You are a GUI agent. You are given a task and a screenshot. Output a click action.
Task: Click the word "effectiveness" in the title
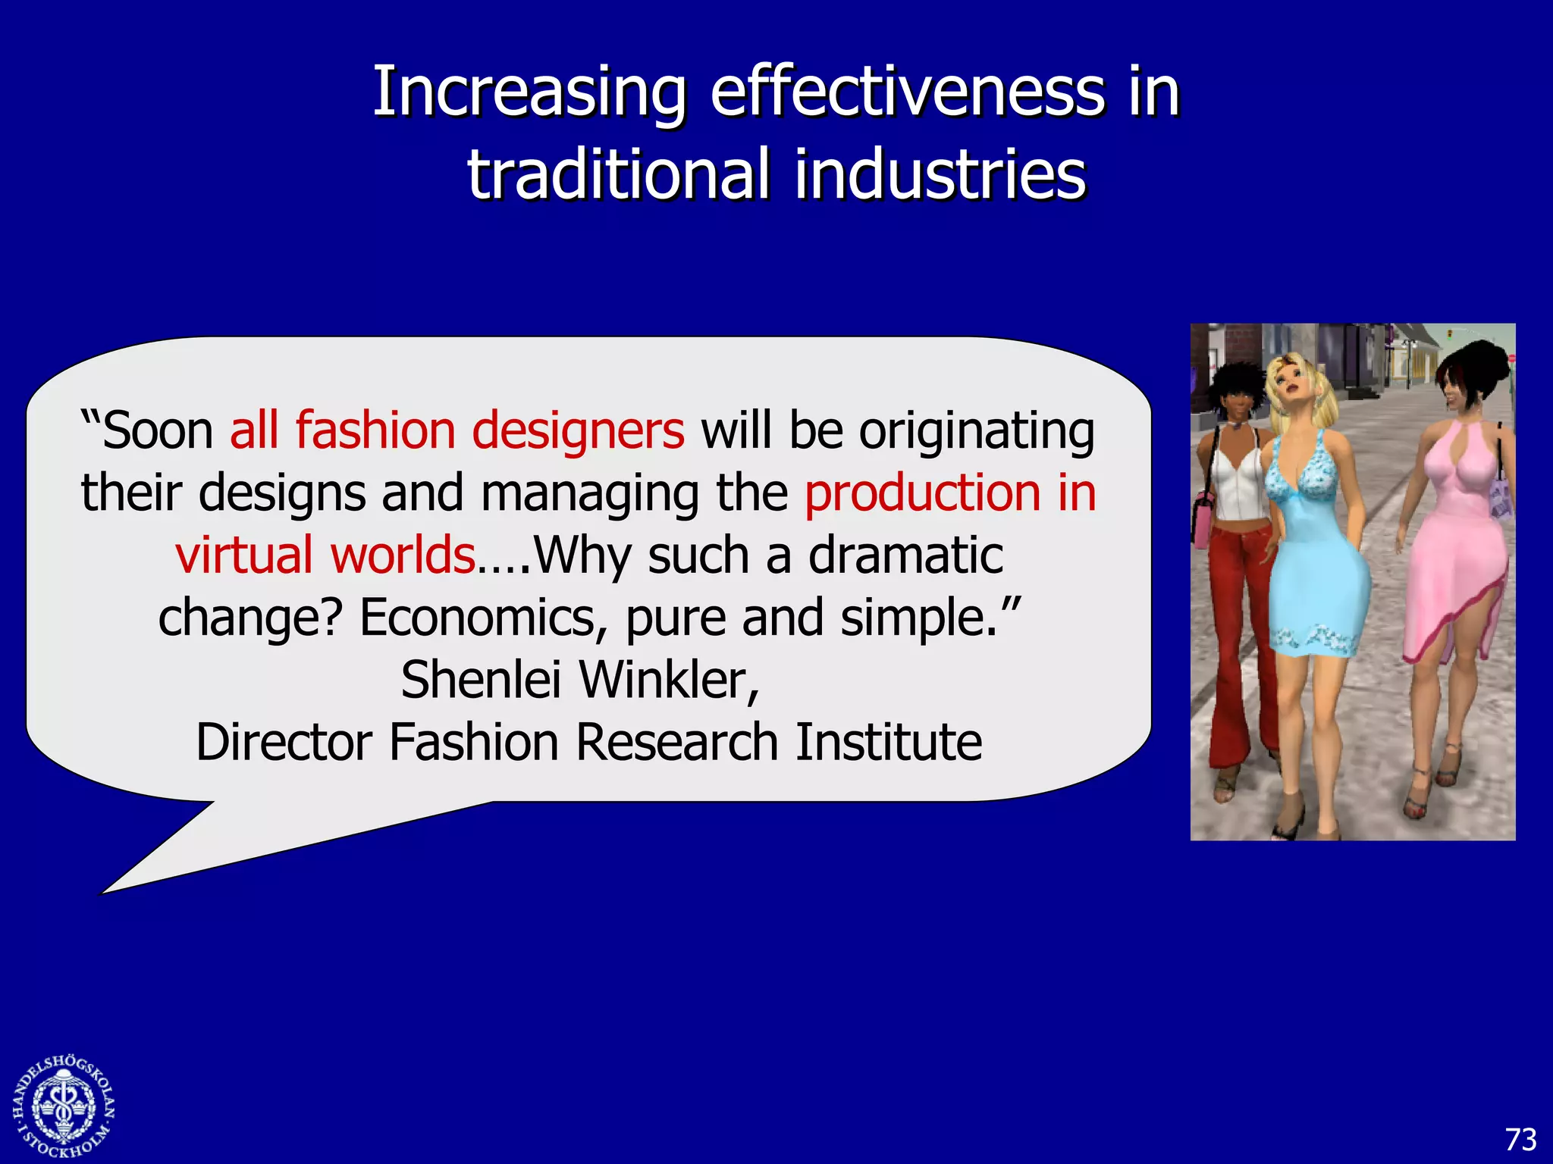pyautogui.click(x=908, y=92)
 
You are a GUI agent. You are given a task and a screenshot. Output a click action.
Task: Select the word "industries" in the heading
pyautogui.click(x=940, y=174)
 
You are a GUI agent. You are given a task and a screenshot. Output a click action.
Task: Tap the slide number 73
pyautogui.click(x=1520, y=1139)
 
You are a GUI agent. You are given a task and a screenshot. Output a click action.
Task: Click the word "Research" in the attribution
pyautogui.click(x=676, y=742)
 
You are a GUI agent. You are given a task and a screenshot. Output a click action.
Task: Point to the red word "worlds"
pyautogui.click(x=403, y=555)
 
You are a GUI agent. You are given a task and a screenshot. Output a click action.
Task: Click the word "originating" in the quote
pyautogui.click(x=977, y=430)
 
